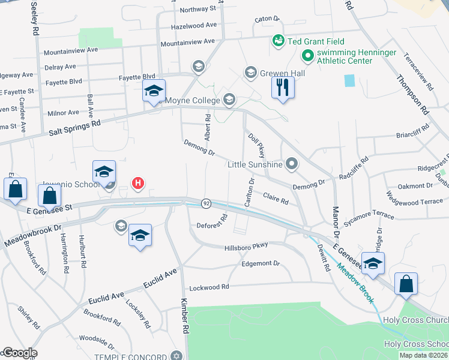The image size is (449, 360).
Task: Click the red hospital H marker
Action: coord(138,183)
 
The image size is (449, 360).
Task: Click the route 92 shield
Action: coord(206,203)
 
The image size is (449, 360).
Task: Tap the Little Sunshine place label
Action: coord(255,164)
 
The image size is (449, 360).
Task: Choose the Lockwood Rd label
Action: coord(209,287)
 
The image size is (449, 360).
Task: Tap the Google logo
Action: coord(19,353)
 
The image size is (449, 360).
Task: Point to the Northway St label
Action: coord(197,9)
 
